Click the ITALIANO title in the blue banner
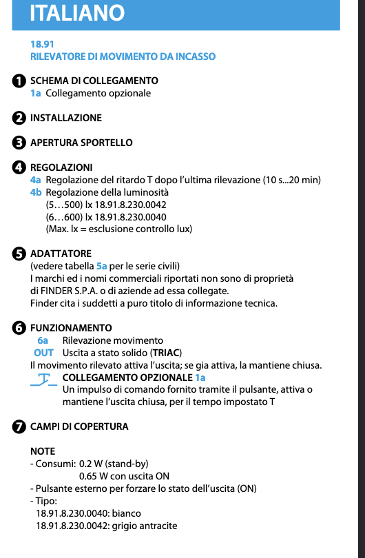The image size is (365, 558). [78, 12]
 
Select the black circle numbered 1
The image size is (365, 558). [20, 81]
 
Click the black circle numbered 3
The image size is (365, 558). [20, 143]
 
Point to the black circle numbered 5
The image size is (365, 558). [20, 254]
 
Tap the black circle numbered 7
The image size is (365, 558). [20, 426]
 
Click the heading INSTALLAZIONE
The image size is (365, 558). [66, 118]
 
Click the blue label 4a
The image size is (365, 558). [36, 180]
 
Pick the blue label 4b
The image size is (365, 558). [36, 192]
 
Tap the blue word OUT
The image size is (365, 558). [43, 353]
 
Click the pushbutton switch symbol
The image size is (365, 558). [43, 379]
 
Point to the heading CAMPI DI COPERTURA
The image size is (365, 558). [79, 426]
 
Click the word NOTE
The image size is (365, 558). [43, 451]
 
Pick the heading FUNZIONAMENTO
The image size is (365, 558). [71, 328]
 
